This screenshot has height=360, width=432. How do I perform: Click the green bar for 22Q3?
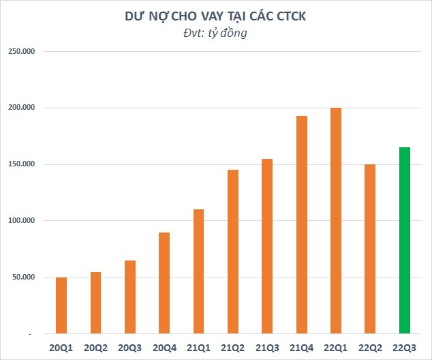404,241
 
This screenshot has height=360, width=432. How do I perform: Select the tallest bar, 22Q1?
335,221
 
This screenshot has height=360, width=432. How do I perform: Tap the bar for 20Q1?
61,305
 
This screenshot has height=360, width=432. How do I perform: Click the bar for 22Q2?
370,249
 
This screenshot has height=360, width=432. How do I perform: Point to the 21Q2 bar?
232,252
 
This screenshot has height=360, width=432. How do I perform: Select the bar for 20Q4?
164,283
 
